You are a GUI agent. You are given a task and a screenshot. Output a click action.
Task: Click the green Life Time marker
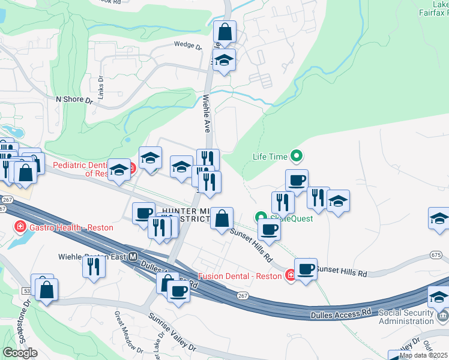click(296, 157)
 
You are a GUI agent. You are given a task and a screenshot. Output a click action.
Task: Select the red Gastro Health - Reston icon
click(20, 227)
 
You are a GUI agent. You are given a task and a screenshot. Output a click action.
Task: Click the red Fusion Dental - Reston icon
click(291, 275)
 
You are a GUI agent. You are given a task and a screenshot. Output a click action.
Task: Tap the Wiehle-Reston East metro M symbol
click(133, 256)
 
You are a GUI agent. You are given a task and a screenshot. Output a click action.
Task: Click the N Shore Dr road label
click(74, 99)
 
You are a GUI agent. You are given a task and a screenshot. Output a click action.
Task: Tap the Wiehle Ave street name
click(206, 113)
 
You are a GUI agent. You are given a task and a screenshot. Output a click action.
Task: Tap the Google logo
click(20, 353)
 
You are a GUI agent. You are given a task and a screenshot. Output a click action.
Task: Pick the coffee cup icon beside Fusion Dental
click(306, 268)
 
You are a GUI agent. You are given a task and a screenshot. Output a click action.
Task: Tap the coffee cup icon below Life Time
click(297, 179)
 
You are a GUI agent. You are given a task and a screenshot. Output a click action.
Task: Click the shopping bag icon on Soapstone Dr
click(46, 290)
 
